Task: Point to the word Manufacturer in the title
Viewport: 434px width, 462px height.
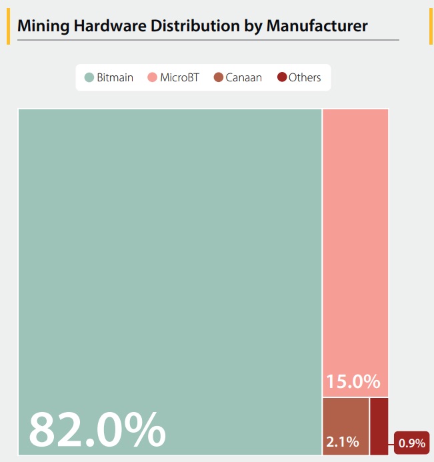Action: click(317, 26)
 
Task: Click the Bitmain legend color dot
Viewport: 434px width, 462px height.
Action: click(89, 77)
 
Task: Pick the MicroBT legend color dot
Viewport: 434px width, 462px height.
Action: click(152, 77)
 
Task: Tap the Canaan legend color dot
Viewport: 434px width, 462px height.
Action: click(218, 77)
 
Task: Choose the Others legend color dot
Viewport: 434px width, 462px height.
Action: click(281, 77)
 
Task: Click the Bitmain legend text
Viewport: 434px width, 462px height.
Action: click(115, 77)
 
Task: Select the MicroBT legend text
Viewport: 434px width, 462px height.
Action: click(179, 77)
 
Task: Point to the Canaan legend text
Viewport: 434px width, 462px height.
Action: click(244, 77)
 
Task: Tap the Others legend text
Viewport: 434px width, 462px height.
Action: click(305, 77)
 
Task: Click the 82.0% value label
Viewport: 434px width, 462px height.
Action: click(97, 429)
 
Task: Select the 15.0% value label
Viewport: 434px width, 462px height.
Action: click(353, 382)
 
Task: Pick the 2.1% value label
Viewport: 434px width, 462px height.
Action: click(343, 441)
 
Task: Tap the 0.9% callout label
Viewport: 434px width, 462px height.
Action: click(411, 442)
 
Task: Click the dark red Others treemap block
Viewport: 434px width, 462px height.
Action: click(379, 426)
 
